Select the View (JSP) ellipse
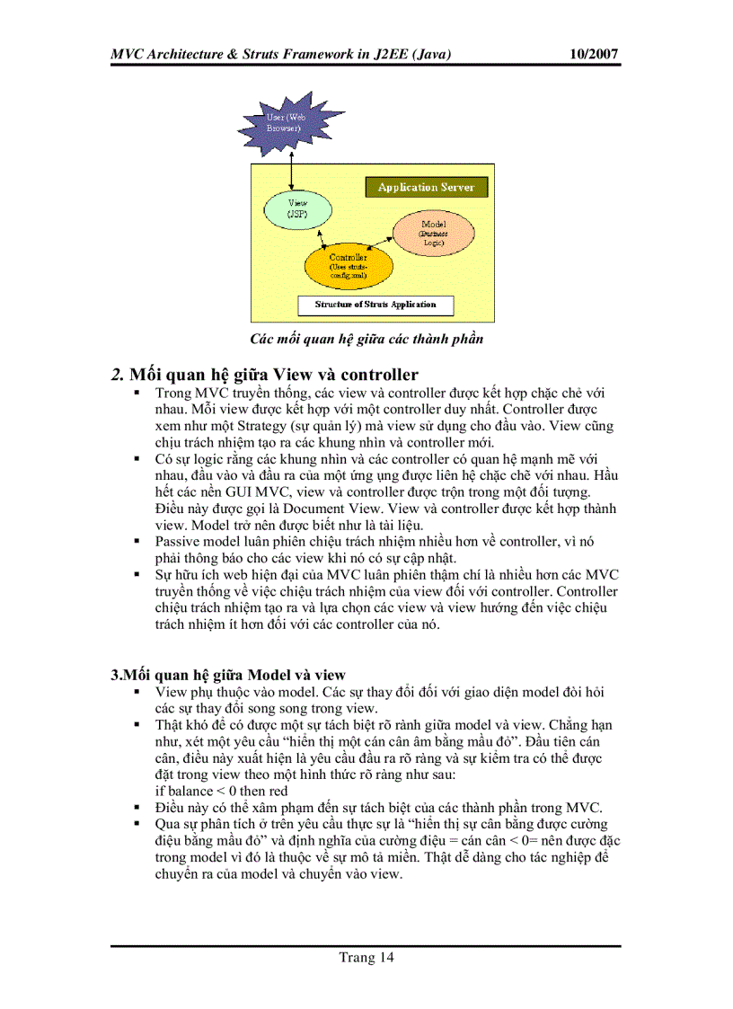(x=296, y=211)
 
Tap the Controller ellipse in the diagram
(x=348, y=262)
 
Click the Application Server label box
(x=426, y=187)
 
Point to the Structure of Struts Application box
(x=375, y=305)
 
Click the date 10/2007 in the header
(x=595, y=54)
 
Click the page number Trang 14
(x=366, y=957)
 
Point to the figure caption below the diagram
(x=366, y=339)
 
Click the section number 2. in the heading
(x=117, y=375)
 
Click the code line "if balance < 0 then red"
(x=221, y=791)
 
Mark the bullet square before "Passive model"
(x=137, y=541)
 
